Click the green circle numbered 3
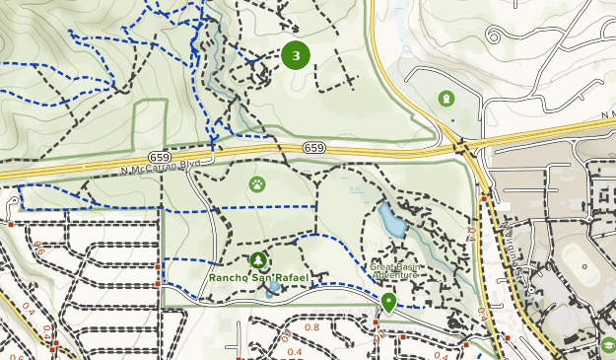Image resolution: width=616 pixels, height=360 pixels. (296, 55)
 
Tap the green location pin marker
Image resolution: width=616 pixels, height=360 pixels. (389, 302)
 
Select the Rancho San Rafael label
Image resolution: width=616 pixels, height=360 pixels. (258, 278)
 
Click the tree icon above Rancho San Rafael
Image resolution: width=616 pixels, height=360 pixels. (258, 260)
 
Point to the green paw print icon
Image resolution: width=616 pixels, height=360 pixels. (256, 183)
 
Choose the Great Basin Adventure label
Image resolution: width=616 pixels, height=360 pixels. (396, 271)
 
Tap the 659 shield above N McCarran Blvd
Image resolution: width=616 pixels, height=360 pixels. (161, 157)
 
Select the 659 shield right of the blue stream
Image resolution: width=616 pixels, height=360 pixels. (314, 148)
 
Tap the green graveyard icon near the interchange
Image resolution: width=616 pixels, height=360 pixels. (446, 99)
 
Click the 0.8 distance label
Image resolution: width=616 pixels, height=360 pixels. (312, 327)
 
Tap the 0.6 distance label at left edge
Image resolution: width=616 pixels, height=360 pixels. (38, 251)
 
